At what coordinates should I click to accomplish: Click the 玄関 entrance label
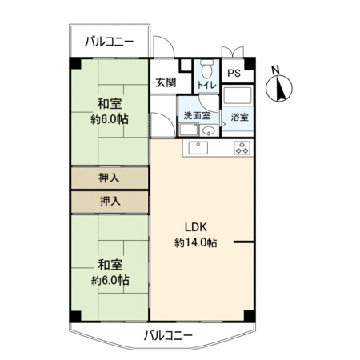coord(166,82)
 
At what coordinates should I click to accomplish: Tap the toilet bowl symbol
coord(206,69)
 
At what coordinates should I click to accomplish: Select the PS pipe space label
coord(234,73)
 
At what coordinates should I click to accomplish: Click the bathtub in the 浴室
coord(238,95)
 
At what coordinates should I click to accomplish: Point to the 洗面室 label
coord(197,115)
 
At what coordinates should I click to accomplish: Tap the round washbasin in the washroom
coord(209,130)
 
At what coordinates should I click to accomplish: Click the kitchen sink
coord(198,147)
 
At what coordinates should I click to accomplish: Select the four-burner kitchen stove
coord(242,147)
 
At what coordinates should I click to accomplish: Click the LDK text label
coord(196,227)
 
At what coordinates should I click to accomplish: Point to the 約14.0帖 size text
coord(196,242)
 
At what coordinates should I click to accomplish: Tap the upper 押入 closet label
coord(109,178)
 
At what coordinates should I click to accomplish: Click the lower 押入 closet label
coord(110,201)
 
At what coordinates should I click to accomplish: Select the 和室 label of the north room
coord(110,104)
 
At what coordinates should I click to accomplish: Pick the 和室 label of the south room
coord(110,265)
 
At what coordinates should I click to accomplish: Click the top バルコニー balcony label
coord(110,42)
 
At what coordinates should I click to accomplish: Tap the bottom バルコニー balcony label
coord(168,335)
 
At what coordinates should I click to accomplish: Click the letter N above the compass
coord(275,70)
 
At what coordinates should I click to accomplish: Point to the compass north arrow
coord(279,88)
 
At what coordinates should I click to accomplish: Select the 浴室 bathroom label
coord(239,117)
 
